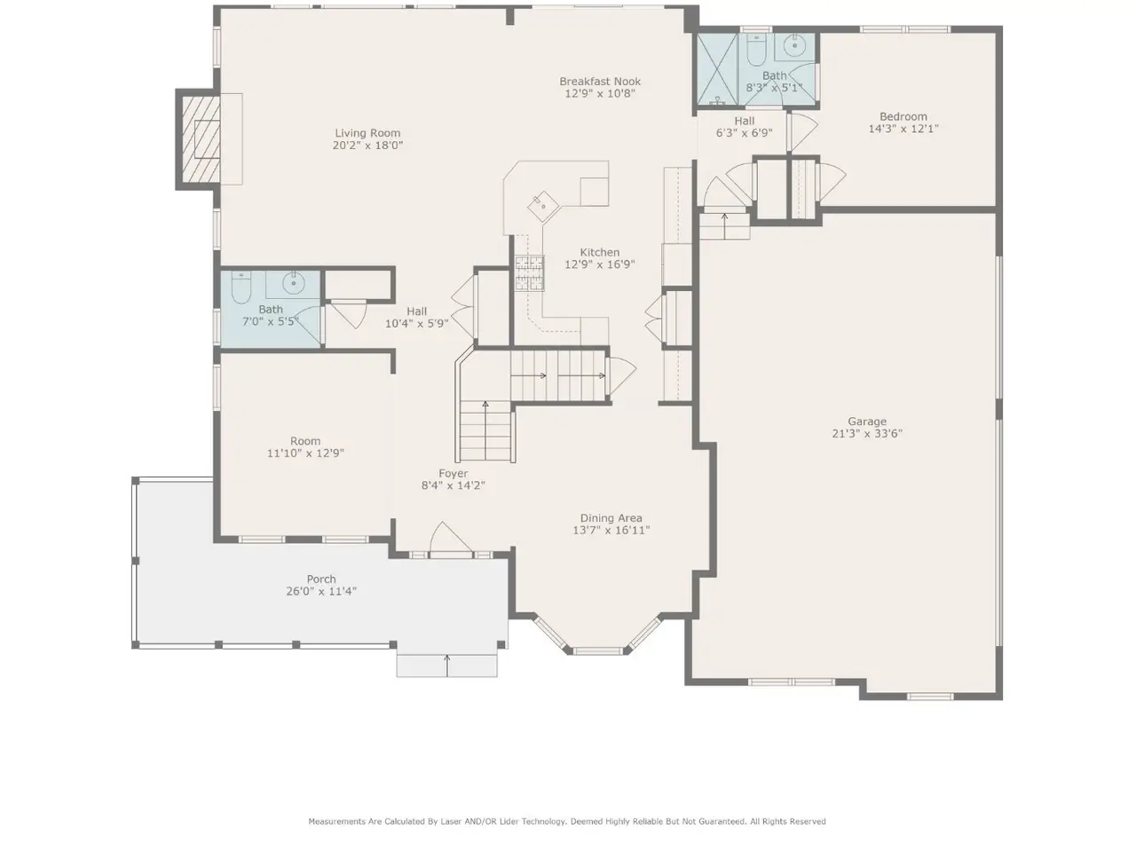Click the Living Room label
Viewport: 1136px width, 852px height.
(x=367, y=133)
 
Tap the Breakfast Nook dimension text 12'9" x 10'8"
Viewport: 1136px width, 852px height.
(x=600, y=94)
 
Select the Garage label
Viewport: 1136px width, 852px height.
(x=867, y=422)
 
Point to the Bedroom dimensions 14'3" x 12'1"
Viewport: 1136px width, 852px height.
(x=903, y=129)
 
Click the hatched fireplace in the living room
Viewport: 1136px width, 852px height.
(x=201, y=139)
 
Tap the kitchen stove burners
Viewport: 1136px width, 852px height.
(x=529, y=273)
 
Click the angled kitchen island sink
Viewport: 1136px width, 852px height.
(x=543, y=207)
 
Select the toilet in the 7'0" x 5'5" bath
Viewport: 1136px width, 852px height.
(x=241, y=288)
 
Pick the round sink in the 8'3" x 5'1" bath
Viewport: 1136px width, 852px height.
(x=794, y=46)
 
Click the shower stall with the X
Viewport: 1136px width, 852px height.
(x=717, y=69)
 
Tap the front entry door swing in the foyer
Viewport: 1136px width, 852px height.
(x=450, y=538)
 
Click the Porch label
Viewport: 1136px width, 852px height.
(x=321, y=579)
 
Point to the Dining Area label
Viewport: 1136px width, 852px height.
(x=611, y=517)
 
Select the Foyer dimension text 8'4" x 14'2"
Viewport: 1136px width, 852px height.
(x=453, y=485)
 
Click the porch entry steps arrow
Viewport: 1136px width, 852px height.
(x=447, y=666)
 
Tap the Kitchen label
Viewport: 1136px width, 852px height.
(x=599, y=252)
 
